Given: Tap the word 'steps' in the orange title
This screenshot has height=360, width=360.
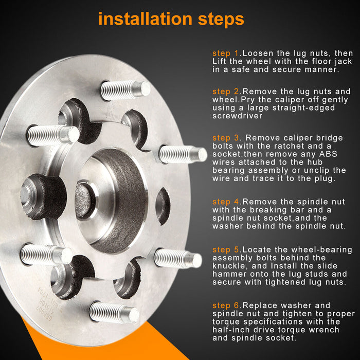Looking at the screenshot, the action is [221, 20].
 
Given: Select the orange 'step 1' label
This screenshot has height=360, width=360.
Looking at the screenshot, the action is [226, 53].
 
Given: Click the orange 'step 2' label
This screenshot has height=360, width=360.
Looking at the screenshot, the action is [226, 92].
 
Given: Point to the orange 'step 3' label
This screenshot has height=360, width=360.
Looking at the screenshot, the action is [226, 138].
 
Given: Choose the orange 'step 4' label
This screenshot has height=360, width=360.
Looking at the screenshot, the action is [226, 202].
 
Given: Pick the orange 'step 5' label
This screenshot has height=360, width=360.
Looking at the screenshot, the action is [226, 249].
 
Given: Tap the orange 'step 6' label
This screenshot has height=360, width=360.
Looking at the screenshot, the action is [226, 305].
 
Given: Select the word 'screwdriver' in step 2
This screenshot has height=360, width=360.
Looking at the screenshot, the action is [237, 116].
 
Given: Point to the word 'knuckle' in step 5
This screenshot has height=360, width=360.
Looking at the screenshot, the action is [229, 266].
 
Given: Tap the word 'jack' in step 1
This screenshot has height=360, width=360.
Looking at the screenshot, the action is [343, 62].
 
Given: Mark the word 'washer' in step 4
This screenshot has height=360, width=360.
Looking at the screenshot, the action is [227, 226].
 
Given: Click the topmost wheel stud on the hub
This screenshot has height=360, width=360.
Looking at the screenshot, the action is [125, 89].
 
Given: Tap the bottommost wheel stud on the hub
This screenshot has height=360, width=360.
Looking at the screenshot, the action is [114, 312].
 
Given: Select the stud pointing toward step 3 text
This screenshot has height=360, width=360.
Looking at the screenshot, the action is [183, 154].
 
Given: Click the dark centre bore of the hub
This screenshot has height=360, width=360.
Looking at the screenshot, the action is [85, 201].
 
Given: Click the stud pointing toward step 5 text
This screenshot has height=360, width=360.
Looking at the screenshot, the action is [178, 259].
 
